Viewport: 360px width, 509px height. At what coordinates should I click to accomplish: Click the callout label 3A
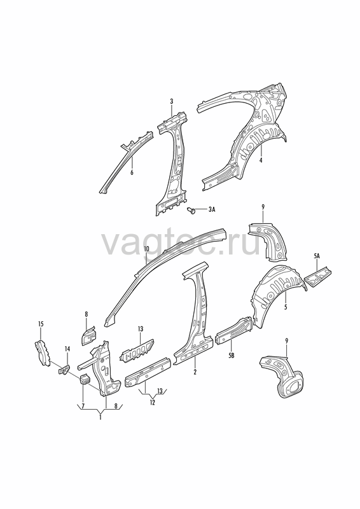tap(212, 210)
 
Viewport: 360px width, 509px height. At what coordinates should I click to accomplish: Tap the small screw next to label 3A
tap(192, 210)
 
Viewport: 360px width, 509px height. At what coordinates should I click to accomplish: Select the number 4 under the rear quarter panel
tap(260, 160)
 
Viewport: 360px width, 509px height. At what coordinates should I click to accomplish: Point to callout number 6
tap(132, 172)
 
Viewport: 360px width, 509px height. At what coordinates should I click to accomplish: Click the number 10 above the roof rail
tap(146, 249)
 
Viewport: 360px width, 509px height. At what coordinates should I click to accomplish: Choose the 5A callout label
tap(317, 256)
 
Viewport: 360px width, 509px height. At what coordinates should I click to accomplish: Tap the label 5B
tap(231, 356)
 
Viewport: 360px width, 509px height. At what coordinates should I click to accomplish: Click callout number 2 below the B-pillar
tap(195, 372)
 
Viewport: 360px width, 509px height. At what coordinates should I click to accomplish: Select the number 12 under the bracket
tap(152, 403)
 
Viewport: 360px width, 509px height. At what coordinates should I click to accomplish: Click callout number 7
tap(83, 406)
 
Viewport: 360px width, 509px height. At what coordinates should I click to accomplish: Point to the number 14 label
tap(67, 349)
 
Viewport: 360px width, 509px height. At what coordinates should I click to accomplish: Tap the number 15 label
tap(41, 324)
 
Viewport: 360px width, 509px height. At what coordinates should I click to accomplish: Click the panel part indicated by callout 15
tap(42, 352)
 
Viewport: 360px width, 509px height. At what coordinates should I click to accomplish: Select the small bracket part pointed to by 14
tap(65, 370)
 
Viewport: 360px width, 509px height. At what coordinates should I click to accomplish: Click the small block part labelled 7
tap(85, 379)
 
